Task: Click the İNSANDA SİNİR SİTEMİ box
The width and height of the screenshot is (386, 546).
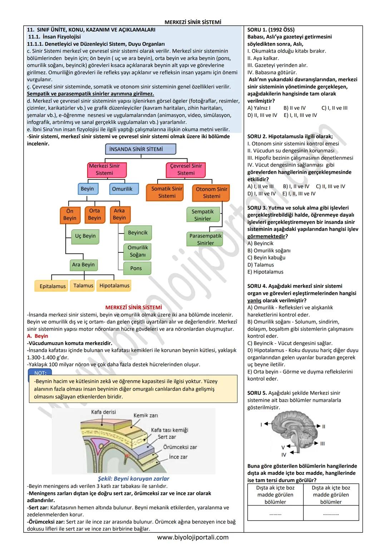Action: coord(140,149)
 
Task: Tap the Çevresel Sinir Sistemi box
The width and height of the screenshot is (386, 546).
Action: coord(186,169)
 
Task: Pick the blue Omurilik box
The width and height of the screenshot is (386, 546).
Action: coord(122,189)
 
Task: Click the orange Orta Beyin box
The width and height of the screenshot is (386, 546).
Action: coord(94,214)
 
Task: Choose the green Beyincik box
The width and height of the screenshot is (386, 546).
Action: coord(138,233)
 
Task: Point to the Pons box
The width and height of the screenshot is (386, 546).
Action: coord(136,268)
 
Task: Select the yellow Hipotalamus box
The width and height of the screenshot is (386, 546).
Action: coord(114,286)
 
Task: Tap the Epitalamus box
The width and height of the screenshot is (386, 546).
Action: coord(53,286)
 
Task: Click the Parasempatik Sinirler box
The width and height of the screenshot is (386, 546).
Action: coord(206,240)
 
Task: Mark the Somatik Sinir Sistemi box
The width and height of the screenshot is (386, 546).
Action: coord(167,192)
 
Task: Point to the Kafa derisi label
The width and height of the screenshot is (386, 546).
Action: coord(104,412)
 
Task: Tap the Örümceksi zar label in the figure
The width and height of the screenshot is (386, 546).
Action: coord(180,447)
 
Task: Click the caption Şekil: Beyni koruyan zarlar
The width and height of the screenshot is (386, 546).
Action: coord(133,478)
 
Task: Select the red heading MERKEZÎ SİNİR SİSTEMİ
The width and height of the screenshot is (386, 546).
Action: coord(133,308)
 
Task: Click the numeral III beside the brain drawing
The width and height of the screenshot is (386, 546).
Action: coord(322,444)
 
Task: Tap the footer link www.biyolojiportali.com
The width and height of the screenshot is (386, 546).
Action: coord(193,537)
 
